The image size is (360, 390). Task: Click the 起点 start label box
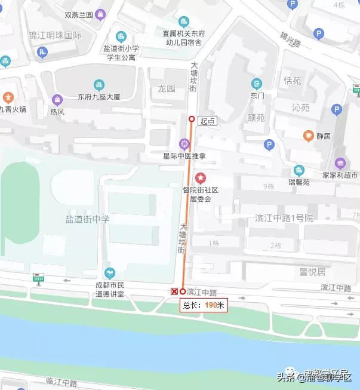click(x=208, y=121)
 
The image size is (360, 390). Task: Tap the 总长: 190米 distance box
click(x=204, y=305)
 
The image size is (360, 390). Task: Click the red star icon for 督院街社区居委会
click(x=201, y=178)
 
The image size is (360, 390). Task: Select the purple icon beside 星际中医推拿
click(x=184, y=143)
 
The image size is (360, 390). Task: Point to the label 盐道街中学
click(x=87, y=219)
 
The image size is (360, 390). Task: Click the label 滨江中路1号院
click(x=284, y=217)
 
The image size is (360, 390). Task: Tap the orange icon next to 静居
click(x=308, y=136)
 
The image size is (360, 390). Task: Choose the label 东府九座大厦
click(x=99, y=97)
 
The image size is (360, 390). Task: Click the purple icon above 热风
click(x=57, y=99)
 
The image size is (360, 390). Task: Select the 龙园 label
click(x=167, y=88)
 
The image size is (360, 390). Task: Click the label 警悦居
click(x=312, y=272)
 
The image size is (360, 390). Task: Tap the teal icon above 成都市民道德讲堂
click(x=109, y=272)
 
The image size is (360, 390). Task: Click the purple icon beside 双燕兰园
click(x=100, y=14)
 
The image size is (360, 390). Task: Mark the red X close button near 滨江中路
click(x=174, y=291)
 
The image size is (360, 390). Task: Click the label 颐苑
click(x=256, y=118)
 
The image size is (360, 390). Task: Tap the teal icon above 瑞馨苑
click(x=299, y=170)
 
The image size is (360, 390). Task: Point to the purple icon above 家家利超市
click(x=340, y=163)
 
